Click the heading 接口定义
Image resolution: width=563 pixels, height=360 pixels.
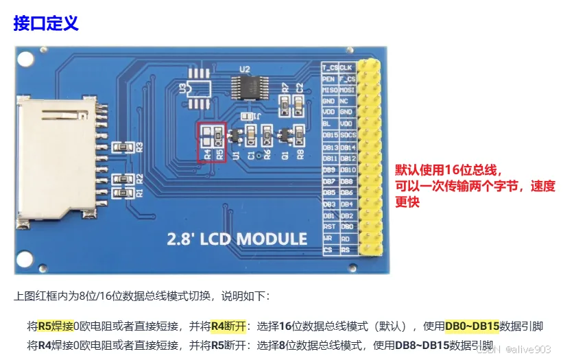pos(46,23)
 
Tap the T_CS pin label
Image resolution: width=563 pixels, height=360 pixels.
pos(331,67)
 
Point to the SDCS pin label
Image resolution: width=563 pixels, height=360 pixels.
pos(348,135)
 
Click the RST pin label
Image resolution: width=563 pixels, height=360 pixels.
pos(330,226)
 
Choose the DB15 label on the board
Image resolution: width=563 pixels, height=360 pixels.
pos(330,135)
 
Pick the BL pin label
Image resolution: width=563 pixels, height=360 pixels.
pos(328,124)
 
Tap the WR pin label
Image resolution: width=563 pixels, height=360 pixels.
pos(328,238)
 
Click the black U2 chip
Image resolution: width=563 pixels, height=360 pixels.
pos(245,86)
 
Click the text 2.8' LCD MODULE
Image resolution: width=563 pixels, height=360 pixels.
pos(237,239)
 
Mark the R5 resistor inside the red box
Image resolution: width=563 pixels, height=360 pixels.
pos(218,133)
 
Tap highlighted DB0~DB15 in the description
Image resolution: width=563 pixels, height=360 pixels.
pos(472,326)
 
